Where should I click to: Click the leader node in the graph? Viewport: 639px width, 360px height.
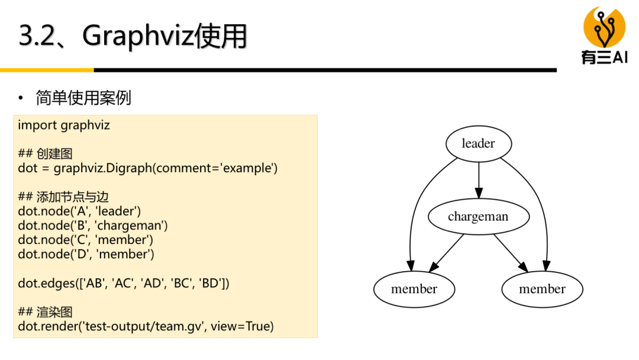point(478,143)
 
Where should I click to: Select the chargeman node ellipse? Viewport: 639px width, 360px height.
point(478,216)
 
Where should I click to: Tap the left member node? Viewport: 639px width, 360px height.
point(414,289)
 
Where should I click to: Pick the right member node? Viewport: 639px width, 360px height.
point(542,289)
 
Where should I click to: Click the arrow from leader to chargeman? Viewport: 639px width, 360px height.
point(479,179)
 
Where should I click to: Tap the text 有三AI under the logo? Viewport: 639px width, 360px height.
point(604,57)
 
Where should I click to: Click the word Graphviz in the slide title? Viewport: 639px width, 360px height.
point(137,36)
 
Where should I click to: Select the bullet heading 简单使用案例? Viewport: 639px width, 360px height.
point(83,98)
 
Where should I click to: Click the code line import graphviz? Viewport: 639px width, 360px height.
point(64,125)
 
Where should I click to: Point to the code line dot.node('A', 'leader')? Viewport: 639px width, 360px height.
point(79,211)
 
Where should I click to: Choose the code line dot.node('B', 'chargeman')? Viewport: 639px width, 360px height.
point(93,225)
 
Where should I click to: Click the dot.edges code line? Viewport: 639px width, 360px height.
point(123,283)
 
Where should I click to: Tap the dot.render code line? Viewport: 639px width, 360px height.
point(146,326)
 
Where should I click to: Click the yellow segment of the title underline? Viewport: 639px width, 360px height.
point(47,70)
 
